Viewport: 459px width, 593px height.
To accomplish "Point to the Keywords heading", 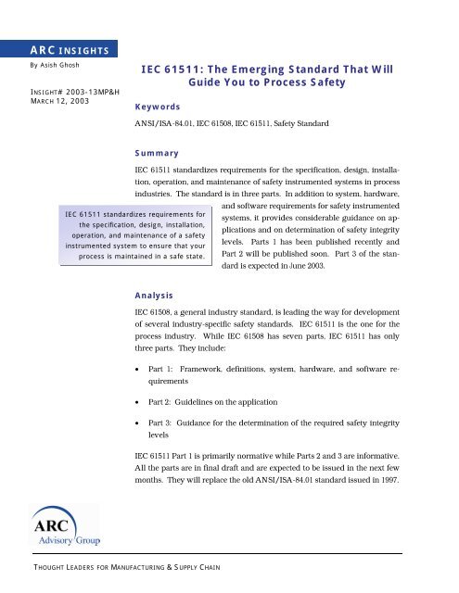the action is [156, 107].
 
